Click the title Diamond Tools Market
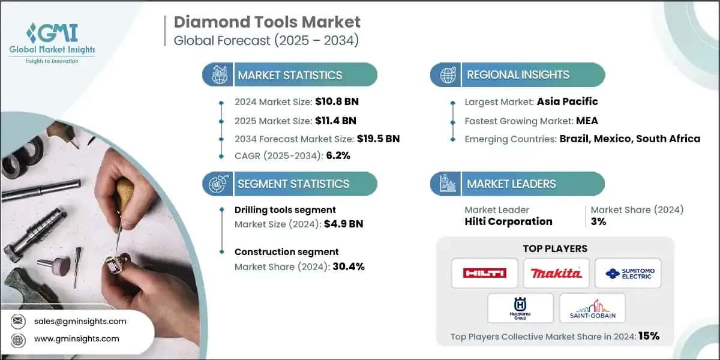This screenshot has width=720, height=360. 267,23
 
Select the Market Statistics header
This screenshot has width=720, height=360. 290,75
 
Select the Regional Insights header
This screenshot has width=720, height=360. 518,75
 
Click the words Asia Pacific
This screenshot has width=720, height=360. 567,101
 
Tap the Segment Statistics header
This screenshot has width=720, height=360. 293,184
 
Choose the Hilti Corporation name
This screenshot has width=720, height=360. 508,221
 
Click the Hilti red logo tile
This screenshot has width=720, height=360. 485,273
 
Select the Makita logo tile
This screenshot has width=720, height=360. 556,273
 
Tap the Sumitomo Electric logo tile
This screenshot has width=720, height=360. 628,273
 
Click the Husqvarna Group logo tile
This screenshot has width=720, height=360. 520,308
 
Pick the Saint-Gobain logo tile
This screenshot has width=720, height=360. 592,308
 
